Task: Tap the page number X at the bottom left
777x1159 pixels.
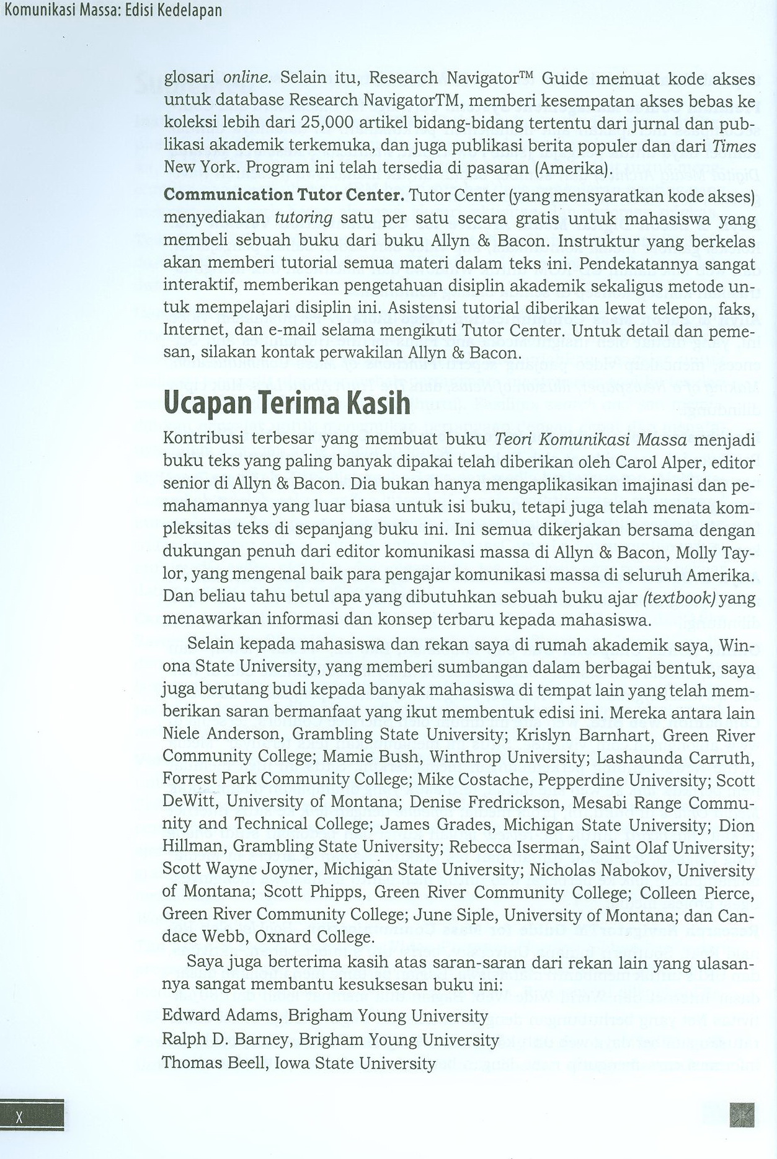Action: [20, 1116]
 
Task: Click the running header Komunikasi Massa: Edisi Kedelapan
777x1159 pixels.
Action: [112, 11]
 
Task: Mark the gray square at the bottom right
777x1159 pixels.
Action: [742, 1114]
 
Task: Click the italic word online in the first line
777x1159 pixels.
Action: [247, 78]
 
